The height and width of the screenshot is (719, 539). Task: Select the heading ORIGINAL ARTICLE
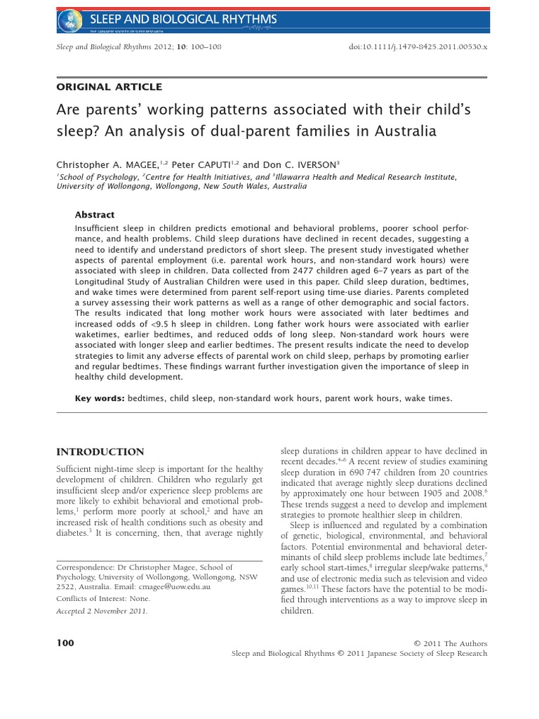108,87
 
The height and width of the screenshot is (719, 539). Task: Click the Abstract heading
94,215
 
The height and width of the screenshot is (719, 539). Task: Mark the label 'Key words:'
100,398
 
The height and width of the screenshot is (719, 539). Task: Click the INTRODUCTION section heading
100,451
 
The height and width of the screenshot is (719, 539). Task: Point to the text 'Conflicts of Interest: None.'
102,599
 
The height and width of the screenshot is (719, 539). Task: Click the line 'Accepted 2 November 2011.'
100,612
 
